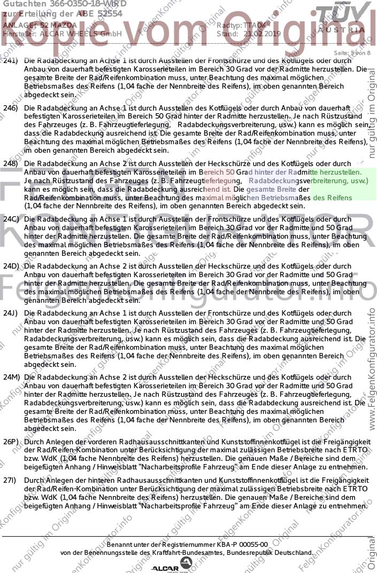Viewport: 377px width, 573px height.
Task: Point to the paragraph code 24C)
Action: click(x=11, y=219)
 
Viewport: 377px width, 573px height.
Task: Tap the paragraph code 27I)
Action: click(x=11, y=481)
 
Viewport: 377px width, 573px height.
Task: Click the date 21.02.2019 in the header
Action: click(x=261, y=34)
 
